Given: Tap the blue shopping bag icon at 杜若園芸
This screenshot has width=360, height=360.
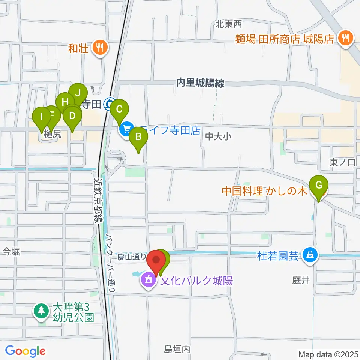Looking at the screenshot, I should [310, 255].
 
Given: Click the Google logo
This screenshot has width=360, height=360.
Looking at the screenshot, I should [25, 351].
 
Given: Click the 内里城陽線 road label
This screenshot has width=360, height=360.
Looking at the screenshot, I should [200, 83].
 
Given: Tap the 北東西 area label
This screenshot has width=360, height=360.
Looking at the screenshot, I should [229, 24].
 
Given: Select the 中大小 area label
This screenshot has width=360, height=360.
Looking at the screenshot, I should [219, 136].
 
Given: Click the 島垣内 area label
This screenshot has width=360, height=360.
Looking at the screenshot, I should [177, 349].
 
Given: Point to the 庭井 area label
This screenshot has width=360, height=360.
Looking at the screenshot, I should [301, 280].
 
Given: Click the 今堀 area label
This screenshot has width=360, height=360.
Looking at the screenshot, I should [11, 251].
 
